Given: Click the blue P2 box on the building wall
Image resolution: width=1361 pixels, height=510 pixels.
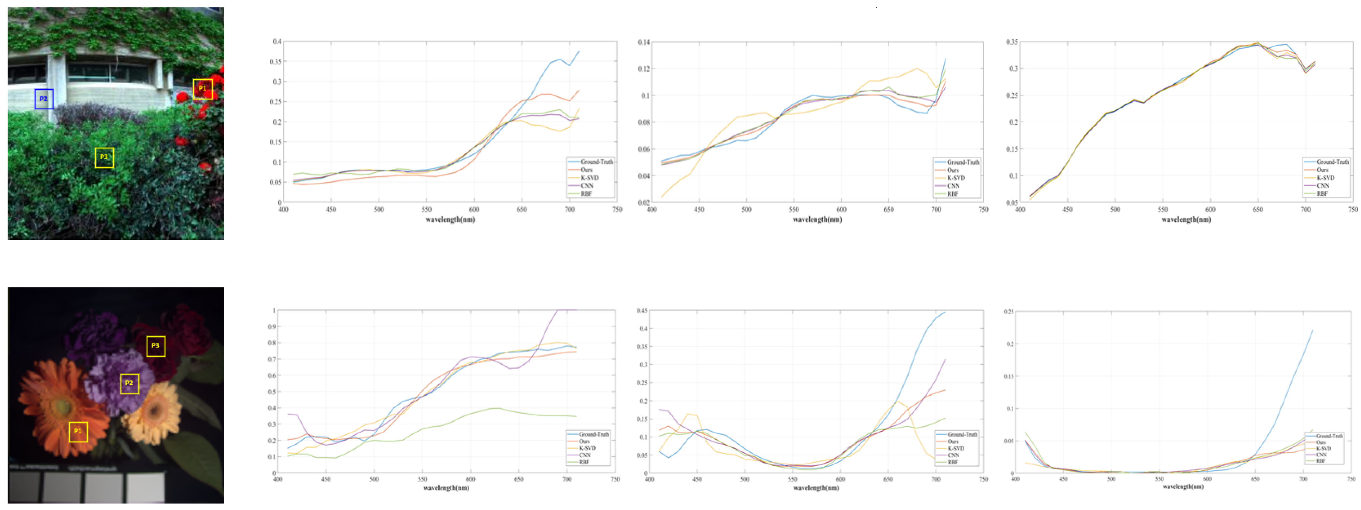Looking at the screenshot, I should click(x=44, y=99).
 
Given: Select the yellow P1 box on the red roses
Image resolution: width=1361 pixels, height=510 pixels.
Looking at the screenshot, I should click(x=202, y=89).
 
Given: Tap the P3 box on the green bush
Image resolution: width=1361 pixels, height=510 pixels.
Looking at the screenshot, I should click(x=104, y=157).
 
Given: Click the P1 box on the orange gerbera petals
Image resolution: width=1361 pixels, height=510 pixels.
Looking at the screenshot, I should click(x=78, y=431).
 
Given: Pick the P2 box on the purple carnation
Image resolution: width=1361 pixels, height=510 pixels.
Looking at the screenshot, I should click(x=129, y=383).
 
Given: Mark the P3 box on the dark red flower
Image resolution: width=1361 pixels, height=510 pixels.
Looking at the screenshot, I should click(x=155, y=346).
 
